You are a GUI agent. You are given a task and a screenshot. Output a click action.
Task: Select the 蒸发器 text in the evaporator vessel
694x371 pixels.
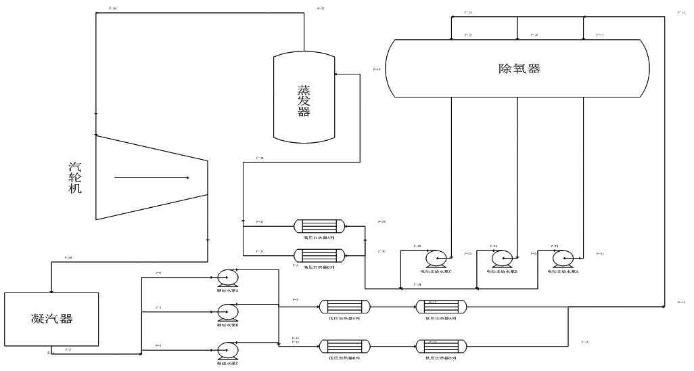point(304,101)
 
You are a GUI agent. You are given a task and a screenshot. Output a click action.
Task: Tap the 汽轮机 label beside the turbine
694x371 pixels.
point(75,178)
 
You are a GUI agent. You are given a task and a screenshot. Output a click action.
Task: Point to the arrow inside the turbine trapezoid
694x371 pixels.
point(152,178)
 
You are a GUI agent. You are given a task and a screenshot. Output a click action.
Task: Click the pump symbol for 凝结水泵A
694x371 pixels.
point(227,276)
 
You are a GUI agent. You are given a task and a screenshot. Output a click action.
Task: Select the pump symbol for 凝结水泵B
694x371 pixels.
point(227,312)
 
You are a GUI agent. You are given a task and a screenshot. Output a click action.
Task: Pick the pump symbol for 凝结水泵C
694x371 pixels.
point(227,349)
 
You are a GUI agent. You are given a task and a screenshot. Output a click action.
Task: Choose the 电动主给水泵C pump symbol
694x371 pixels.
point(436,258)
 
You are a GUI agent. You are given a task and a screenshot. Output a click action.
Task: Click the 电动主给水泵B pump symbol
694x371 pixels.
point(501,258)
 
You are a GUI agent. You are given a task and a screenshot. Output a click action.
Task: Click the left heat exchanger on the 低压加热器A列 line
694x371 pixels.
point(346,307)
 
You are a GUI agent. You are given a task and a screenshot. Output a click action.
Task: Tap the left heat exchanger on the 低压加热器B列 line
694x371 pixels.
point(346,347)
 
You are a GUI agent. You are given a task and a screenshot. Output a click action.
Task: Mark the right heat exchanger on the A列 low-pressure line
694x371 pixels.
point(440,307)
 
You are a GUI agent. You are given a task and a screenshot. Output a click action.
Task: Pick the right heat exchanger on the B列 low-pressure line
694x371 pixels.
point(440,347)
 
